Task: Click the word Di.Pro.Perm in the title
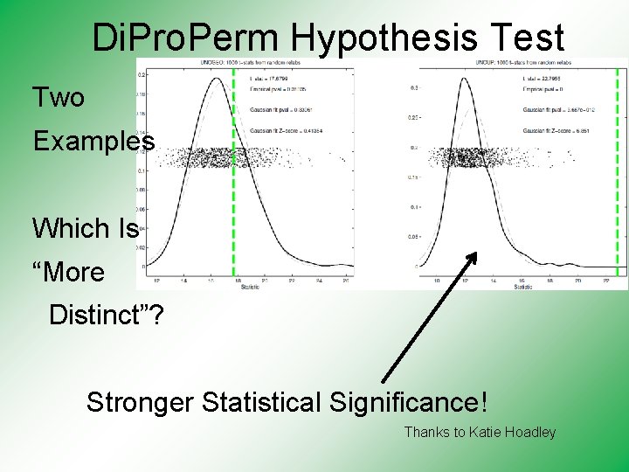[x=187, y=38]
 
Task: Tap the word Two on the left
[x=59, y=97]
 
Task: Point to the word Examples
[x=94, y=141]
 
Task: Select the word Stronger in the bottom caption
[x=141, y=402]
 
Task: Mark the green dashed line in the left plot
[x=234, y=175]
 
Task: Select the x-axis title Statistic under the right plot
[x=523, y=286]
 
